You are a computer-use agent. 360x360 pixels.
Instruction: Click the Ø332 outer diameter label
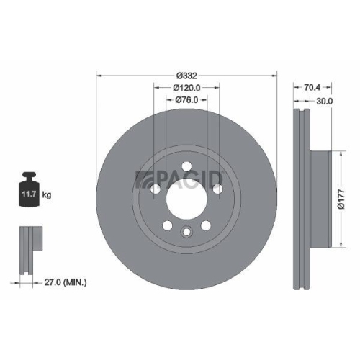pyautogui.click(x=187, y=74)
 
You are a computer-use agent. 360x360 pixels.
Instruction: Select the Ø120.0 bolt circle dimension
pyautogui.click(x=186, y=87)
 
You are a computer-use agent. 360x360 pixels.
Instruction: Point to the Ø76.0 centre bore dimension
pyautogui.click(x=186, y=101)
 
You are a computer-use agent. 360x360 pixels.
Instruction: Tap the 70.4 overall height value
pyautogui.click(x=310, y=87)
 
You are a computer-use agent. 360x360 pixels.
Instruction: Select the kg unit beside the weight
pyautogui.click(x=46, y=194)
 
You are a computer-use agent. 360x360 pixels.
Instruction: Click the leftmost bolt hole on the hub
pyautogui.click(x=156, y=189)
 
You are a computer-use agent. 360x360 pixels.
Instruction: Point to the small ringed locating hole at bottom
pyautogui.click(x=186, y=232)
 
